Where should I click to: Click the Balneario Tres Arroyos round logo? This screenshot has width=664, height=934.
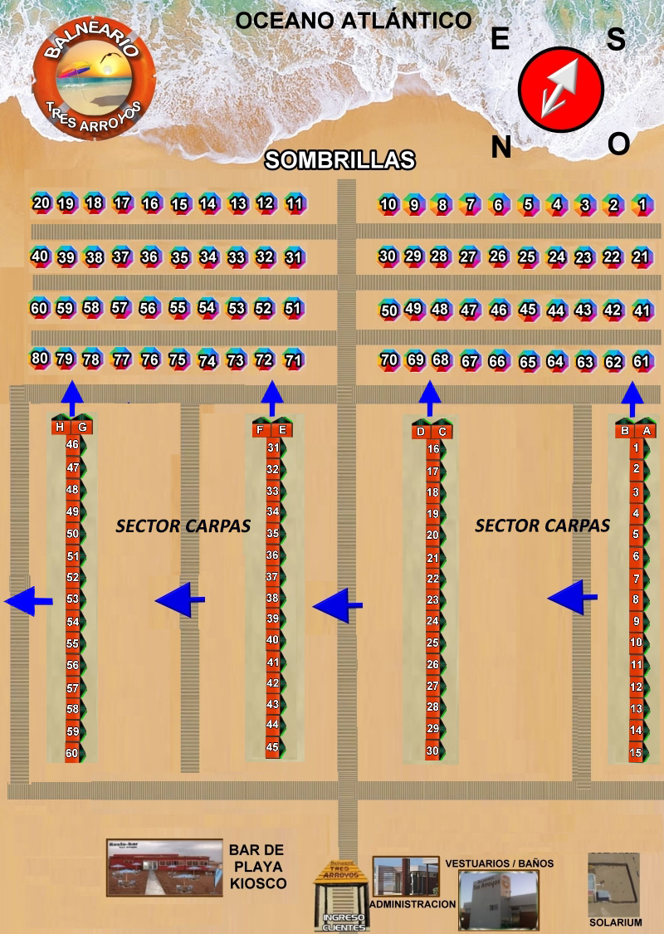coord(91,80)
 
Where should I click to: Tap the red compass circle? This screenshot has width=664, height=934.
coord(560,89)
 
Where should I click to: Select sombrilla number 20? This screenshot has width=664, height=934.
coord(41,203)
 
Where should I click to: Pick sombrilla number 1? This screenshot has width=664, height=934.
coord(641,204)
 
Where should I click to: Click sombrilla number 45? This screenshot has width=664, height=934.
coord(528,310)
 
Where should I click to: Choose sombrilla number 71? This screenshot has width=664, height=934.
coord(293,360)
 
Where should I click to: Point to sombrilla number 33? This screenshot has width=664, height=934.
coord(237,257)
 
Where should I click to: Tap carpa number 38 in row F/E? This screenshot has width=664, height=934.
coord(272,598)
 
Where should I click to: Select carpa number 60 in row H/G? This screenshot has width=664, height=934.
coord(72,754)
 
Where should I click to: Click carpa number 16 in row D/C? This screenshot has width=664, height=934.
coord(432,449)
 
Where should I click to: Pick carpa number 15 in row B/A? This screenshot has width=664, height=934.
coord(636,753)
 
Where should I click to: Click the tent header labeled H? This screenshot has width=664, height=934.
coord(60,427)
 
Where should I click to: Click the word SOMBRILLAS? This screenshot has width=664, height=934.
coord(339,160)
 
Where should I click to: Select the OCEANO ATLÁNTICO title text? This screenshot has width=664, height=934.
coord(353,21)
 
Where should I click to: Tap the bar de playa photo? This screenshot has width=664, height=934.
coord(164,868)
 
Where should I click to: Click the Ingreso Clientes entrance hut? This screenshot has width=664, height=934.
coord(341,896)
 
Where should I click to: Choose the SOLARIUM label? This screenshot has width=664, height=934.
coord(615,922)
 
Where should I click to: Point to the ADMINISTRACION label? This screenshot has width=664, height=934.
coord(413,904)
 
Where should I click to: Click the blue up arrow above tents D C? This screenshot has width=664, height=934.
coord(430,398)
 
